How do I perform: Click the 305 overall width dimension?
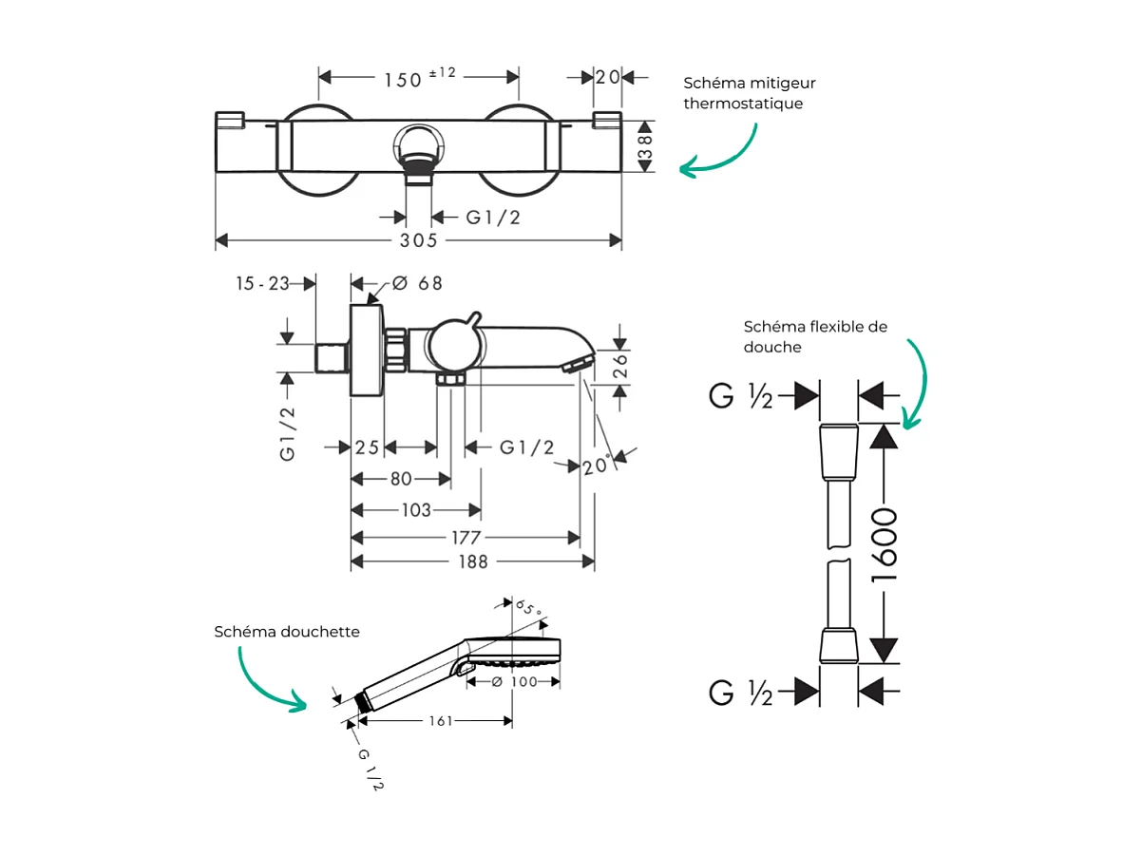(418, 241)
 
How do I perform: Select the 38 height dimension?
(645, 147)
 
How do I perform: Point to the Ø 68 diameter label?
(417, 283)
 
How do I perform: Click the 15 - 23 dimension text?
(264, 283)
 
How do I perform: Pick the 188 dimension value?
(471, 561)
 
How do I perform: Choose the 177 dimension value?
(466, 538)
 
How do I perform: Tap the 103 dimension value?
(415, 511)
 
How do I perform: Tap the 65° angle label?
(528, 609)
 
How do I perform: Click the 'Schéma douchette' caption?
(287, 632)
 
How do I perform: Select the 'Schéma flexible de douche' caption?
(815, 336)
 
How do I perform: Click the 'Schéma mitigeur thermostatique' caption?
(749, 93)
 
